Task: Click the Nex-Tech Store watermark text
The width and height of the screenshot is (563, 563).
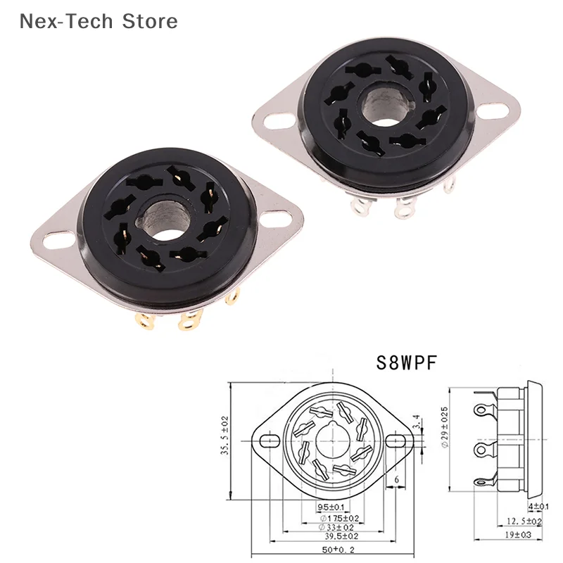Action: pos(99,21)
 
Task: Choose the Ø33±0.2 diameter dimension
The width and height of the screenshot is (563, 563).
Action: pos(331,527)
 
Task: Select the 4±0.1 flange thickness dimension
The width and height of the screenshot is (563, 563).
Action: pos(538,507)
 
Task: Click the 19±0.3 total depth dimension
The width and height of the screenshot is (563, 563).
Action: pos(521,536)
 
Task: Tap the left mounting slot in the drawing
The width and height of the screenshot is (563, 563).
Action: pos(270,441)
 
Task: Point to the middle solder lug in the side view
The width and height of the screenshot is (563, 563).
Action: pos(483,448)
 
